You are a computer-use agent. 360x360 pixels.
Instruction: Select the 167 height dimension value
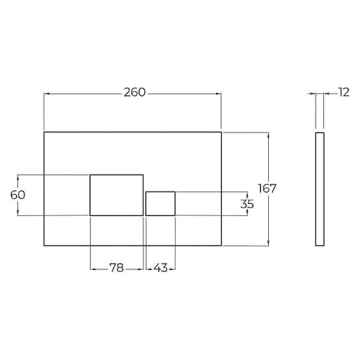coord(267,188)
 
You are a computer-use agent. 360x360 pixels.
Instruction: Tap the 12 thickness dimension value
coord(343,92)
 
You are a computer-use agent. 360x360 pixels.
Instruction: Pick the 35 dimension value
coord(247,203)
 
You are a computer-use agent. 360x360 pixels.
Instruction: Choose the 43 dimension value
coord(160,268)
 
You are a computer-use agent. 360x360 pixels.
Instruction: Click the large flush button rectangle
coord(116,194)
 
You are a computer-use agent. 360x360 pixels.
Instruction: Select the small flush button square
coord(160,203)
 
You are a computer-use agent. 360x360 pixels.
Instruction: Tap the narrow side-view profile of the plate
coord(320,188)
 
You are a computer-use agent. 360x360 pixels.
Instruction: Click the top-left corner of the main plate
coord(44,132)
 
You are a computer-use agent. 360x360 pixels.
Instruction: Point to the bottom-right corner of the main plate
coord(221,245)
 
